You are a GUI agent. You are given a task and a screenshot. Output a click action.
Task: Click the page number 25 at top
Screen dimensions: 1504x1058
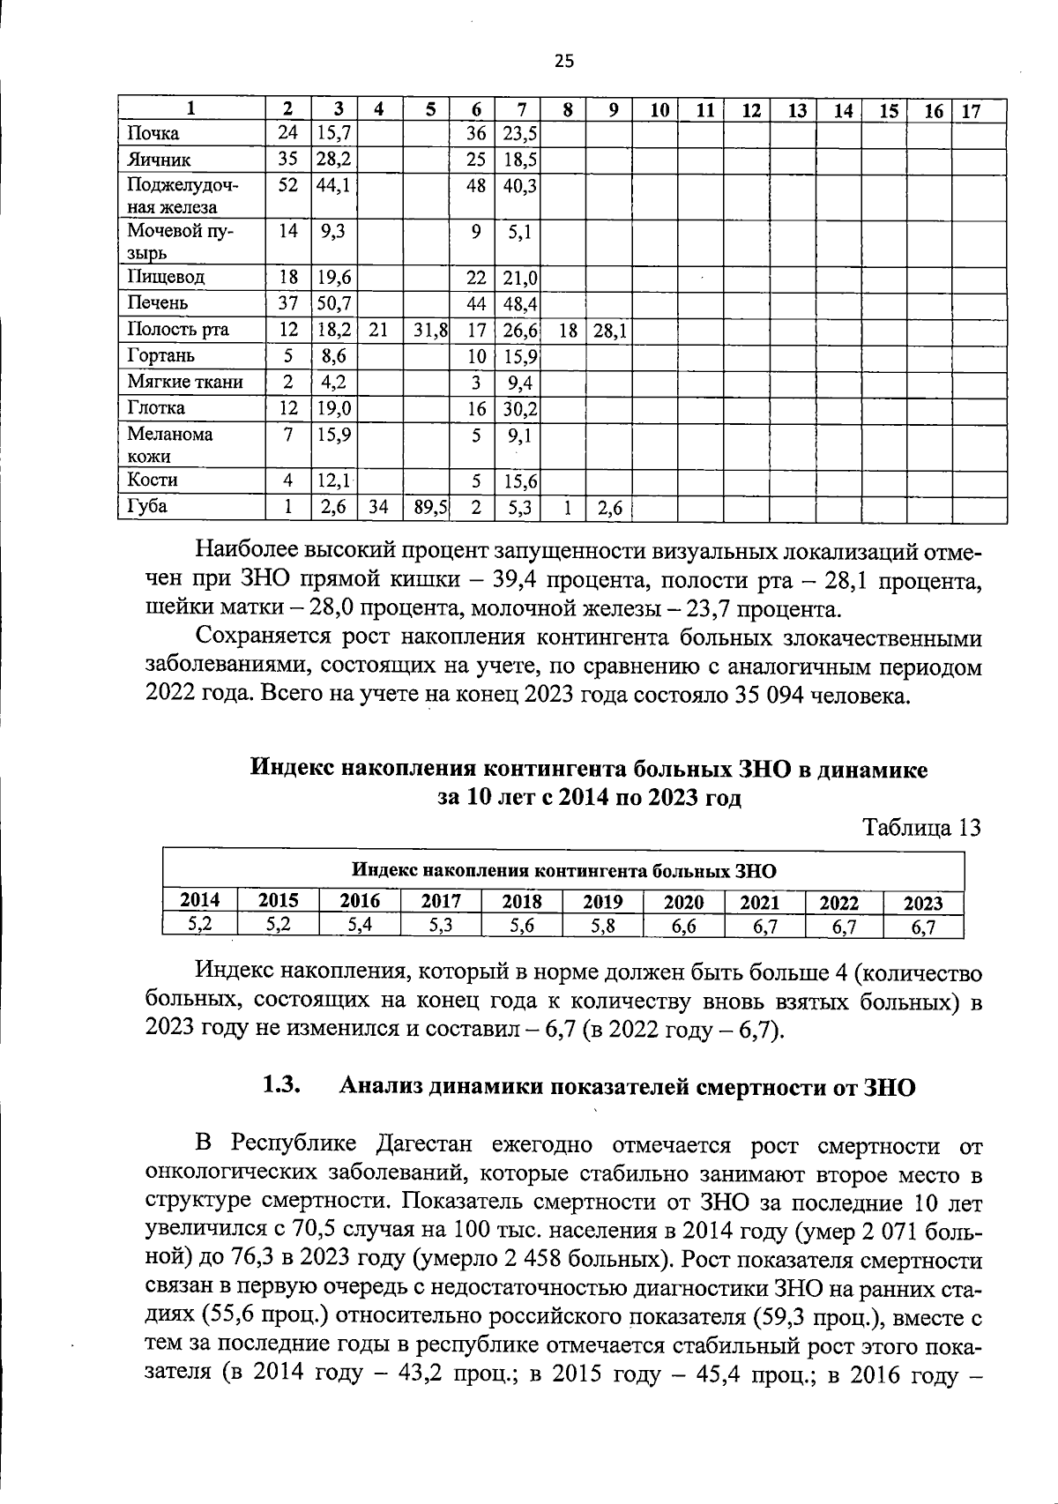[564, 60]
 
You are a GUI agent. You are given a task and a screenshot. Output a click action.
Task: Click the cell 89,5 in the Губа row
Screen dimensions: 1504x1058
[430, 507]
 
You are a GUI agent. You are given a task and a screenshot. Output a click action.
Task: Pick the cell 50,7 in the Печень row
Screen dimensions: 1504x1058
[334, 302]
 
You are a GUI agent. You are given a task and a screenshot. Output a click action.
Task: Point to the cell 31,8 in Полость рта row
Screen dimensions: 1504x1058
[430, 330]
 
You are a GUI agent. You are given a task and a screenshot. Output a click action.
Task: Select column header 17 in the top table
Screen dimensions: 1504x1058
[970, 111]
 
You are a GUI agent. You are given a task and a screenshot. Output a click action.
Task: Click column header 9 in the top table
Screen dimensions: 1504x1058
[613, 111]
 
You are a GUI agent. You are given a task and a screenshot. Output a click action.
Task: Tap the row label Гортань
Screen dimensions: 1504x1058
[160, 355]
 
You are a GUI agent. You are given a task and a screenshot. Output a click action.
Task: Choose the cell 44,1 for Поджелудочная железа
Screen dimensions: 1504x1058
[334, 186]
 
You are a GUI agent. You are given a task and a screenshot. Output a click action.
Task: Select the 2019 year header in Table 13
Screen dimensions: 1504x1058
[603, 902]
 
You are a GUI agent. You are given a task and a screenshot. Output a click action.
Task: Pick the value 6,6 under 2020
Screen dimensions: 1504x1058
[684, 927]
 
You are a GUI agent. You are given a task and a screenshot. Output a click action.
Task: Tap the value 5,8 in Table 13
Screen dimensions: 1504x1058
[603, 927]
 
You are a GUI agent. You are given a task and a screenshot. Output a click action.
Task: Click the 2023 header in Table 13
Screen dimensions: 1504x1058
[923, 903]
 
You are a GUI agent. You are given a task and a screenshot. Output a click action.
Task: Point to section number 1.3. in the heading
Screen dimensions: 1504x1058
[283, 1086]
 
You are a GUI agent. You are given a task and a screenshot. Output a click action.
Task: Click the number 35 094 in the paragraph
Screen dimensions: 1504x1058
[770, 696]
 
